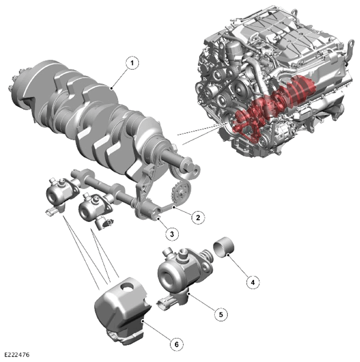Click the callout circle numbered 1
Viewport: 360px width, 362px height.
(x=132, y=63)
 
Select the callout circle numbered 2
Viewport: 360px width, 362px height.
(x=198, y=217)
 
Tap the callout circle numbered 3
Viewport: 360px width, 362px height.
(x=172, y=234)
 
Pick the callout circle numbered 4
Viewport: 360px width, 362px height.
(x=252, y=282)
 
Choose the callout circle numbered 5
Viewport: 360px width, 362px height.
(x=221, y=314)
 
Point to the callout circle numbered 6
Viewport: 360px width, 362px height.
(x=177, y=345)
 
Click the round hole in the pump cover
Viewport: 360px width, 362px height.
(x=127, y=286)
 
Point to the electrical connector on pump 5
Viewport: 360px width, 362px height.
(x=166, y=303)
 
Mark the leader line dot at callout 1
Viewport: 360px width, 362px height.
(x=111, y=88)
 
